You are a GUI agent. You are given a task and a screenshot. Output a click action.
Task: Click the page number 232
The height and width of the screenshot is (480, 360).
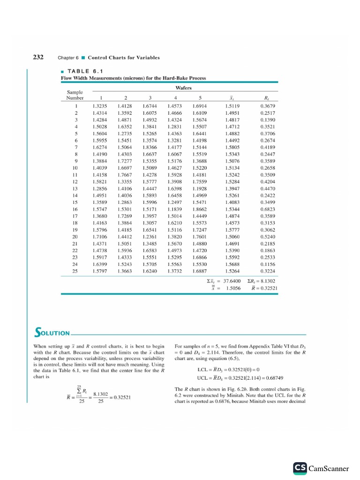click(38, 57)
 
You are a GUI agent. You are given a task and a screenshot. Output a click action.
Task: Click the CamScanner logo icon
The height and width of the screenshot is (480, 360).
click(300, 468)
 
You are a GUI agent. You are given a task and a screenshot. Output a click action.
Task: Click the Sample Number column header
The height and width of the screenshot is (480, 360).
click(75, 96)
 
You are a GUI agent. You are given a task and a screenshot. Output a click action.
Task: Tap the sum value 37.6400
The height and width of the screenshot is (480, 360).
click(231, 281)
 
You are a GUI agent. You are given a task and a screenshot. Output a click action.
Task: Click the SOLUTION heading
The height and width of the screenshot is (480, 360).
click(52, 334)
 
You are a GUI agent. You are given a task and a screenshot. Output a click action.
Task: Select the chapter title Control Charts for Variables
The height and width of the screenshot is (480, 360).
click(124, 58)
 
